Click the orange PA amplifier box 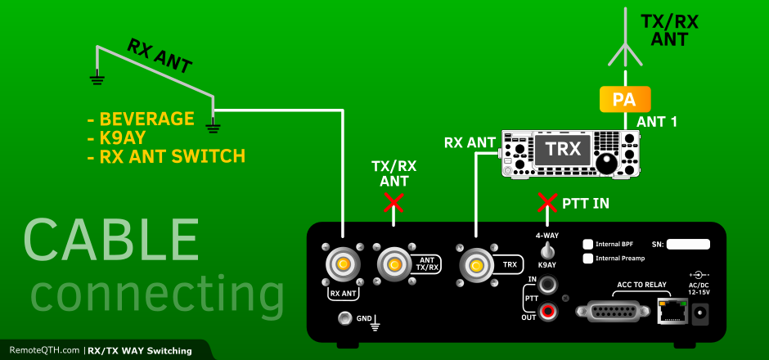pos(625,99)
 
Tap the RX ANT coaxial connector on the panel pos(341,264)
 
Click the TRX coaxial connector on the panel pos(475,264)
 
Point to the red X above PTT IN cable pos(546,202)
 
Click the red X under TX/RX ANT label pos(393,202)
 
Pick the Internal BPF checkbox pos(587,244)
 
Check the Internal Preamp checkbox pos(587,258)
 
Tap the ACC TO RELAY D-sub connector pos(613,312)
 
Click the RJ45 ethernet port pos(670,312)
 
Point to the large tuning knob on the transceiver pos(606,162)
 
